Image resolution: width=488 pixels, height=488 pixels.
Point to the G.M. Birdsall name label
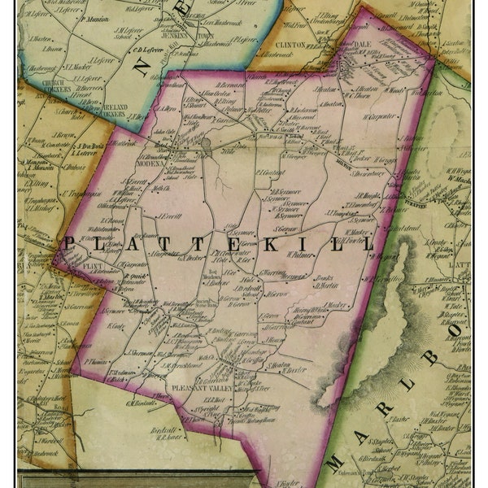(x=141, y=403)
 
